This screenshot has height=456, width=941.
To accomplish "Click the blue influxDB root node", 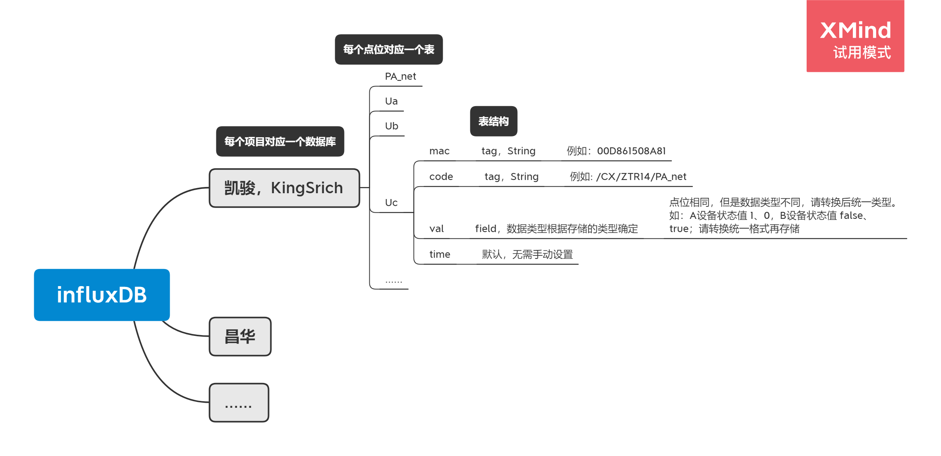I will (x=102, y=295).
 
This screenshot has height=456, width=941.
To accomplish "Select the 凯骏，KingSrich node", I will (x=284, y=188).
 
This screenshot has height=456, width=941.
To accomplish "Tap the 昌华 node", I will (x=240, y=337).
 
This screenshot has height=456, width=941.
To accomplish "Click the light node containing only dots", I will (x=239, y=403).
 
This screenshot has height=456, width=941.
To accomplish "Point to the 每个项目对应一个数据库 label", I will (x=280, y=142).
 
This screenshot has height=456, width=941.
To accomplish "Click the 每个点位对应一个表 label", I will (x=389, y=49).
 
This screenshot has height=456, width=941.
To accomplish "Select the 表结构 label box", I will (x=494, y=121).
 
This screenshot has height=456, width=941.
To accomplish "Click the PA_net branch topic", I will (x=400, y=76).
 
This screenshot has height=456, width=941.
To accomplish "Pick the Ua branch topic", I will (x=391, y=101).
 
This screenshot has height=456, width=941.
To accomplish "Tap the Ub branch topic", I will (x=392, y=126).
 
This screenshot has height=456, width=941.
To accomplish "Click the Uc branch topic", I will (x=391, y=203).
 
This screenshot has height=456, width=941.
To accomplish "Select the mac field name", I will (x=440, y=151).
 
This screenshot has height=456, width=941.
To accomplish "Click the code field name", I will (x=441, y=177).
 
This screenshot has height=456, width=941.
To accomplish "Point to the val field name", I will (x=437, y=229).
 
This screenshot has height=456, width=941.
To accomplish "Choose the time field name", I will (x=440, y=255).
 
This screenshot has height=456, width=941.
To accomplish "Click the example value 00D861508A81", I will (x=631, y=151).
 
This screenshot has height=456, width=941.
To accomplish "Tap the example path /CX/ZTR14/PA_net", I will (x=641, y=177).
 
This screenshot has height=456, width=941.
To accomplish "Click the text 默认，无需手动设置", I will (x=527, y=255).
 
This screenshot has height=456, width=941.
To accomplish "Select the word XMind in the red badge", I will (x=856, y=30).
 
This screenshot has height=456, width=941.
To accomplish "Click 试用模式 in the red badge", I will (x=862, y=53).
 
